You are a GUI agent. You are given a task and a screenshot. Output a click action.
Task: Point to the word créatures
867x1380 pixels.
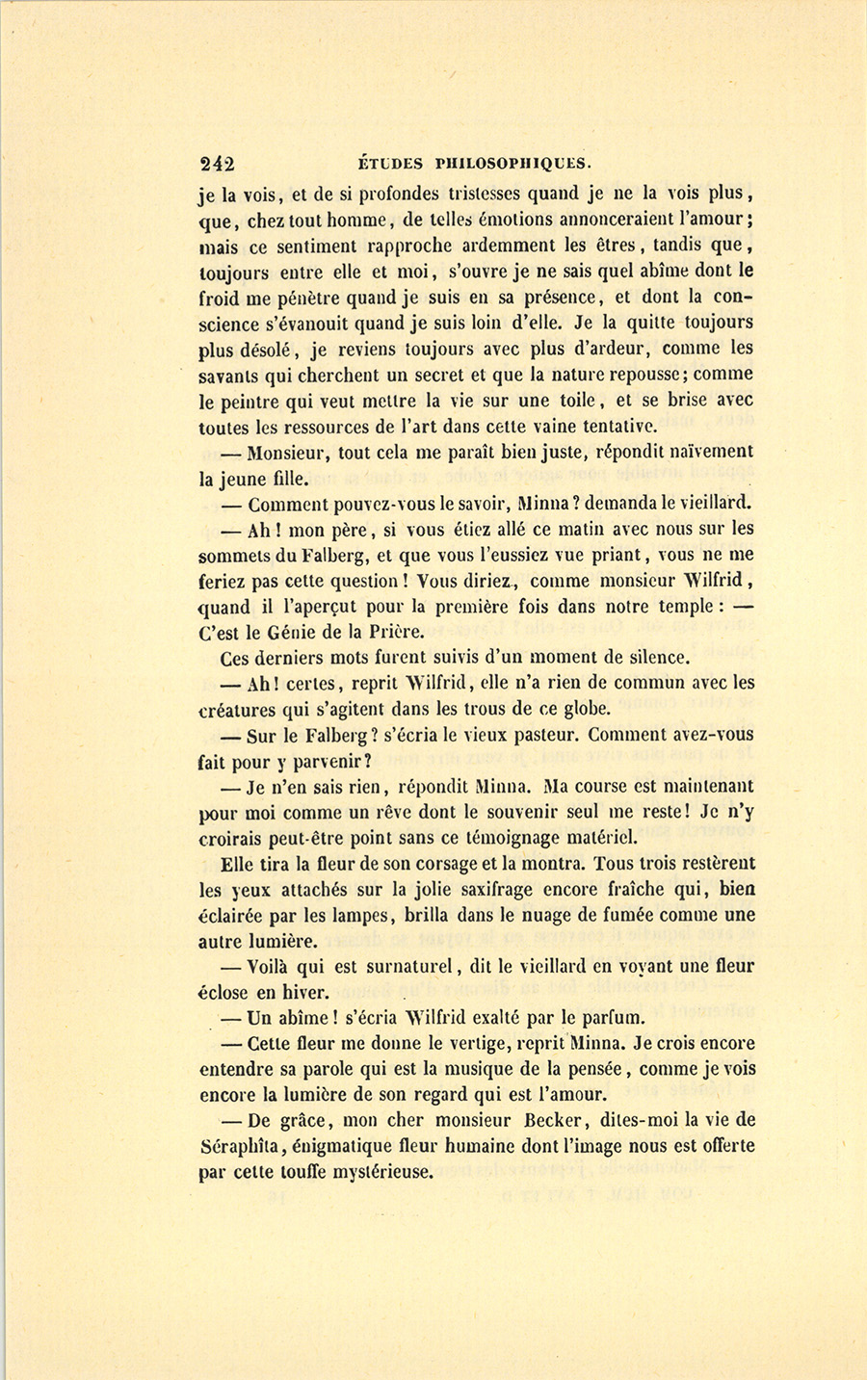click(x=237, y=710)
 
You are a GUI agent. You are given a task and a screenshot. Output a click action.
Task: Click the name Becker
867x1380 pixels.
click(x=559, y=1120)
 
